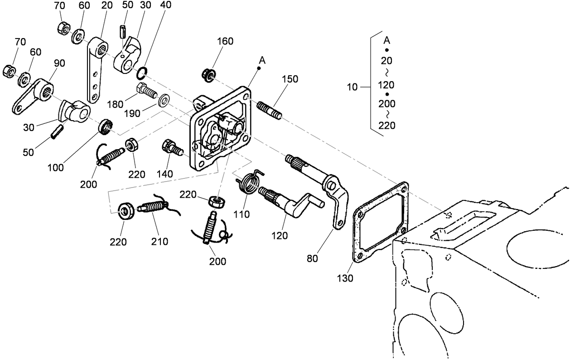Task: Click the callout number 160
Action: tap(225, 41)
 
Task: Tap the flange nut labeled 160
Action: tap(209, 74)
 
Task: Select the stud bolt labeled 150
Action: tap(270, 111)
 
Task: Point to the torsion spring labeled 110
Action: tap(249, 183)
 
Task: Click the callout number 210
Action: tap(159, 242)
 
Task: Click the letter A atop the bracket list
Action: tap(386, 39)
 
